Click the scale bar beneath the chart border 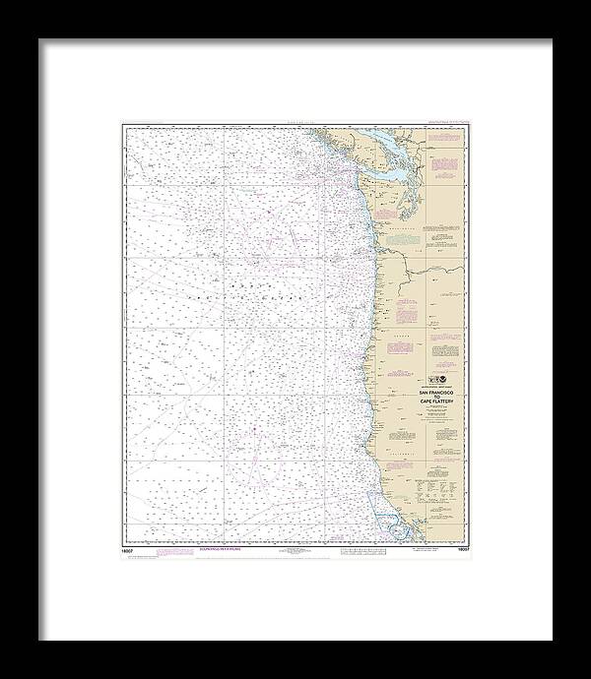pyautogui.click(x=295, y=554)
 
